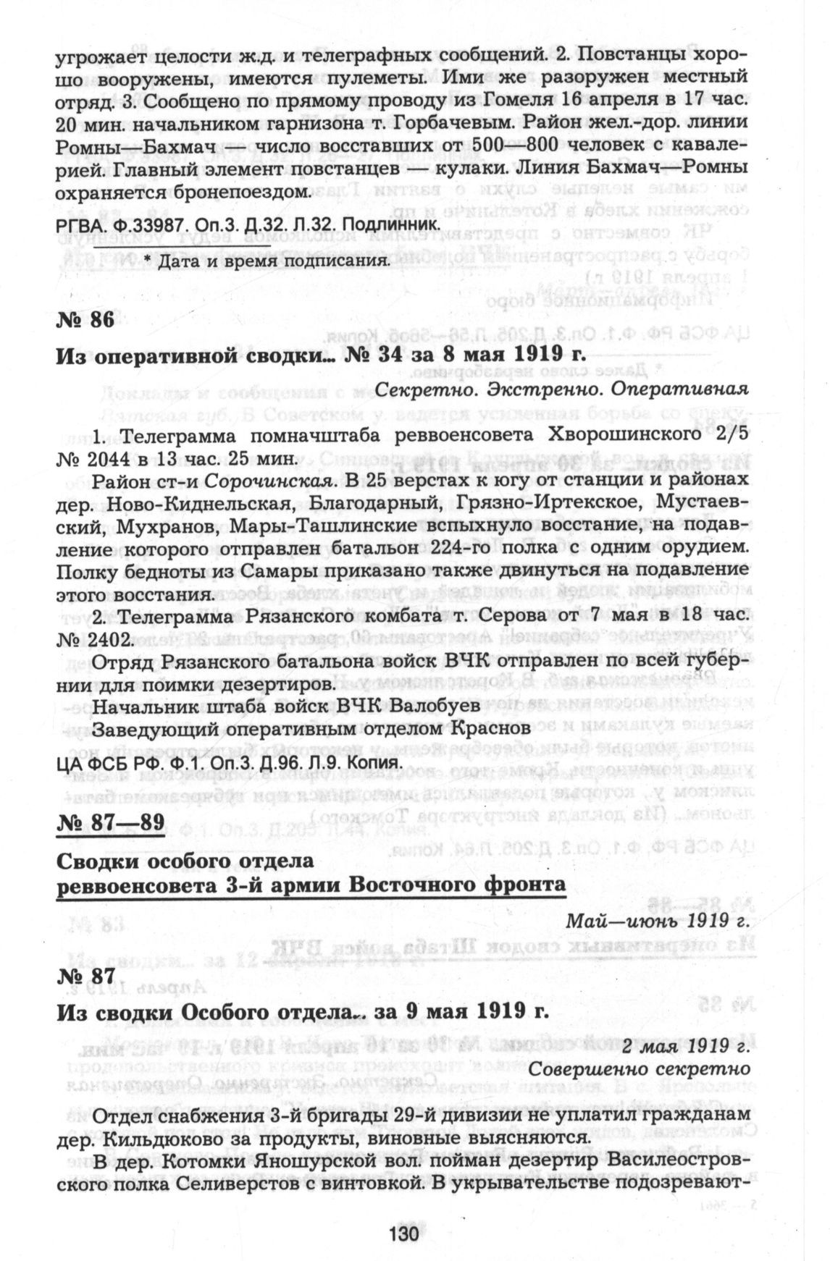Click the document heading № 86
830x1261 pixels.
click(x=85, y=321)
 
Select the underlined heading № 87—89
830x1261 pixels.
click(x=109, y=822)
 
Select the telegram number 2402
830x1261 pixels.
click(x=107, y=640)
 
